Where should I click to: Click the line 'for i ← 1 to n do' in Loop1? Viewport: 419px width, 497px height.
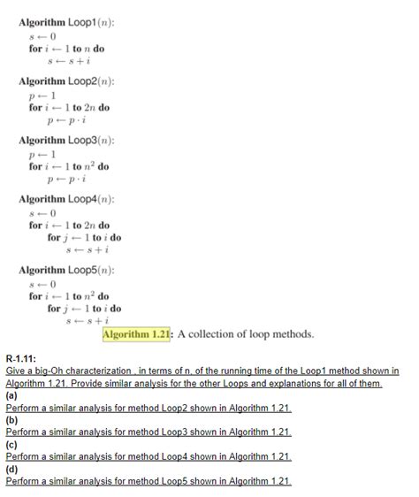[66, 49]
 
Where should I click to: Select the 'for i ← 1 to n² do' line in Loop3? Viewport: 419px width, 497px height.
[68, 166]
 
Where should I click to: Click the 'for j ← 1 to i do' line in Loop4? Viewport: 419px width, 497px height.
[85, 238]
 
